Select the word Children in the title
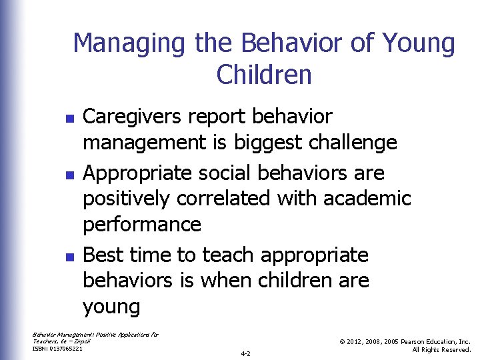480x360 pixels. click(x=264, y=75)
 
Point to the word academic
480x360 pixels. click(x=368, y=199)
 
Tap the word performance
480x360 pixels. click(x=141, y=225)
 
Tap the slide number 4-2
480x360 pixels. click(x=245, y=353)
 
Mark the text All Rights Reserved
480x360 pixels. click(x=441, y=349)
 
